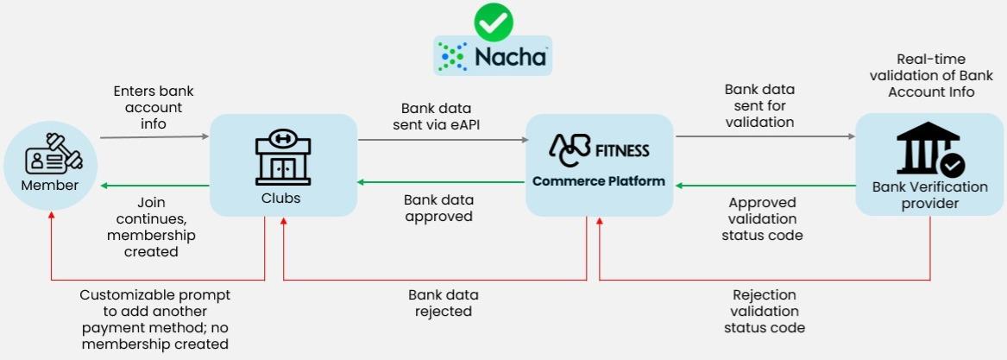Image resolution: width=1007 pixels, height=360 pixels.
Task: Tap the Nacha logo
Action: [x=493, y=56]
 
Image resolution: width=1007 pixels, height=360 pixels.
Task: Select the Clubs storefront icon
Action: [x=283, y=158]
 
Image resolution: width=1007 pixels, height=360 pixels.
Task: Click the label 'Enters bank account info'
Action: [x=148, y=107]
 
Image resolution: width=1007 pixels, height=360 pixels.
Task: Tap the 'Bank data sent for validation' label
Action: [x=759, y=105]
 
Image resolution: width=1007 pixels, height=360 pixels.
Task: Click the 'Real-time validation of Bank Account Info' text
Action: [x=935, y=76]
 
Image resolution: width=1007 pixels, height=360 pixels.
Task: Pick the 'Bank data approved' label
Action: [x=438, y=208]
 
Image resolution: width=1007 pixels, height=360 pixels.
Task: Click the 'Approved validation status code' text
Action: [x=763, y=219]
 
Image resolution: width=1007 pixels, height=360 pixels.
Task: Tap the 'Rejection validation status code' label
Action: [x=765, y=311]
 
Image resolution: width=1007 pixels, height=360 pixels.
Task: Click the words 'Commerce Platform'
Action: [x=598, y=181]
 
